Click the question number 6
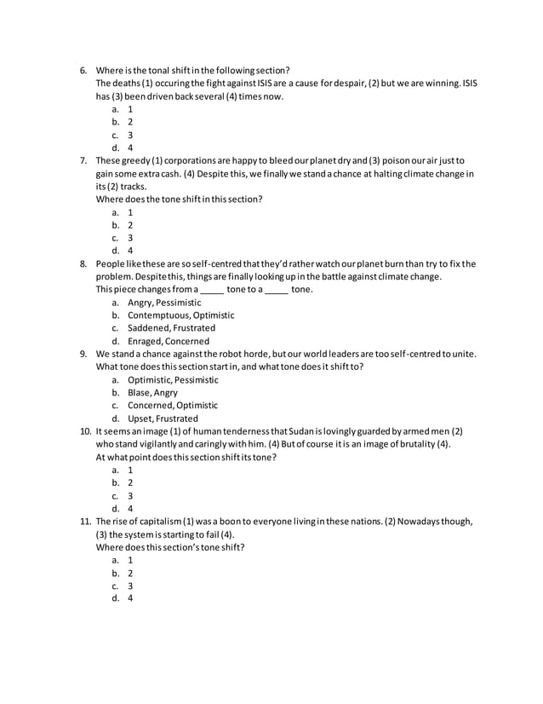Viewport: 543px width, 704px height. pyautogui.click(x=83, y=70)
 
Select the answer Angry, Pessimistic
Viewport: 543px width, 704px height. pyautogui.click(x=164, y=303)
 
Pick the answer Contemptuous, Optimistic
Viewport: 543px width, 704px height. pyautogui.click(x=180, y=315)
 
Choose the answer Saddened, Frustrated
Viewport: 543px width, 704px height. pyautogui.click(x=171, y=328)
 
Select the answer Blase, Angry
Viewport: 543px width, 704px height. pyautogui.click(x=152, y=393)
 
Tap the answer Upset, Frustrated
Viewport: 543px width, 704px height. pyautogui.click(x=163, y=418)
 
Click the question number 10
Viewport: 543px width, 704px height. pyautogui.click(x=85, y=431)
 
